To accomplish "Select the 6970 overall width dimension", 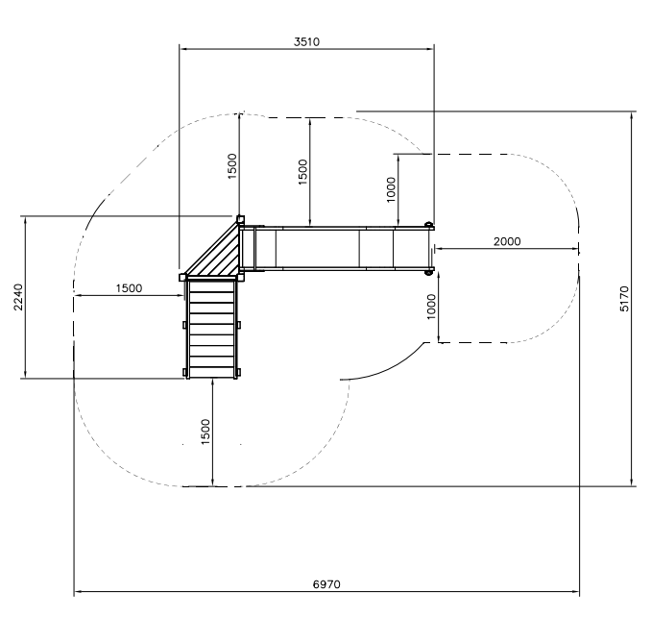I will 327,583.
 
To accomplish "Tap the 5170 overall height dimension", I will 625,299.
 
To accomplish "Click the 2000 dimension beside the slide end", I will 507,241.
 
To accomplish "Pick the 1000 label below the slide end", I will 431,306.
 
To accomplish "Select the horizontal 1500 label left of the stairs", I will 129,287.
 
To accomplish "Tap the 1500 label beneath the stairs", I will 205,432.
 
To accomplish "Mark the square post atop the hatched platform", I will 240,219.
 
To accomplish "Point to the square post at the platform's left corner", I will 182,277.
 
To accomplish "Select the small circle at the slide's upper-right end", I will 429,225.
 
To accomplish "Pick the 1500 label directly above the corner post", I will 231,164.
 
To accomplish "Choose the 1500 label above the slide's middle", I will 302,173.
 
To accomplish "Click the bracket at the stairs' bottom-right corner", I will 237,371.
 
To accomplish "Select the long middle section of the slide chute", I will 317,249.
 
